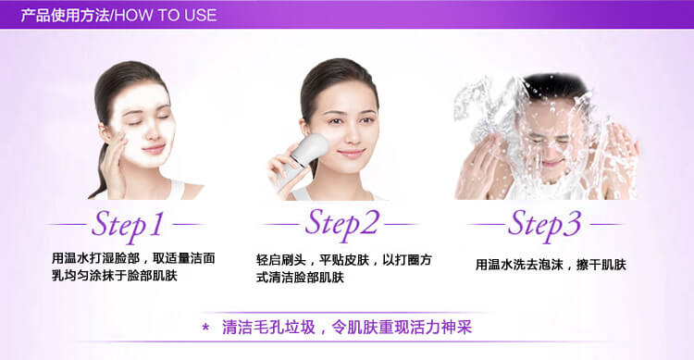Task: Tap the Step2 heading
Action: click(x=342, y=225)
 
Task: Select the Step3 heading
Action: click(x=544, y=226)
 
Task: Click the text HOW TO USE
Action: click(x=166, y=16)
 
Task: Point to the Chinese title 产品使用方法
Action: click(x=65, y=16)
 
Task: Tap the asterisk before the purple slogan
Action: click(x=205, y=329)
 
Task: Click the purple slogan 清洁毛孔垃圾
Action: click(x=268, y=328)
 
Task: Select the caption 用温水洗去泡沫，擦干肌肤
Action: click(x=551, y=265)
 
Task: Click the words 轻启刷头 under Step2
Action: click(x=281, y=260)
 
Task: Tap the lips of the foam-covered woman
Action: click(x=154, y=149)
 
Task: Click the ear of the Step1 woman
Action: click(x=105, y=132)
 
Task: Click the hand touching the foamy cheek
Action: click(x=113, y=163)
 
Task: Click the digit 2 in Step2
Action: click(x=368, y=221)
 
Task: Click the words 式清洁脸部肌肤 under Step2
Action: click(x=300, y=278)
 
